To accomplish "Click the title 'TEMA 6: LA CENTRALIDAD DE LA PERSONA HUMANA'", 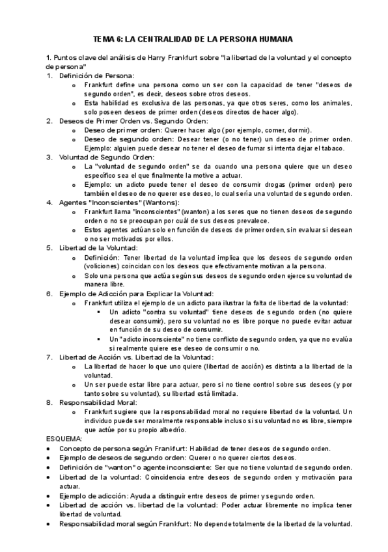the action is pos(193,39).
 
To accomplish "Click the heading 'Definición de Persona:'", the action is pos(96,76).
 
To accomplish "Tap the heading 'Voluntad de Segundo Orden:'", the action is pos(106,157).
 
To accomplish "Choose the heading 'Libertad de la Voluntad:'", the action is pos(98,247).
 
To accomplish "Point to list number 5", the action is pos(49,247).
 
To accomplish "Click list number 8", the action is pos(49,402).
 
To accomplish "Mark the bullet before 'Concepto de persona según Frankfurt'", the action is pos(49,448).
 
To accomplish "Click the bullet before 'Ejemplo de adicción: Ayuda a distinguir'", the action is pos(49,496).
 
